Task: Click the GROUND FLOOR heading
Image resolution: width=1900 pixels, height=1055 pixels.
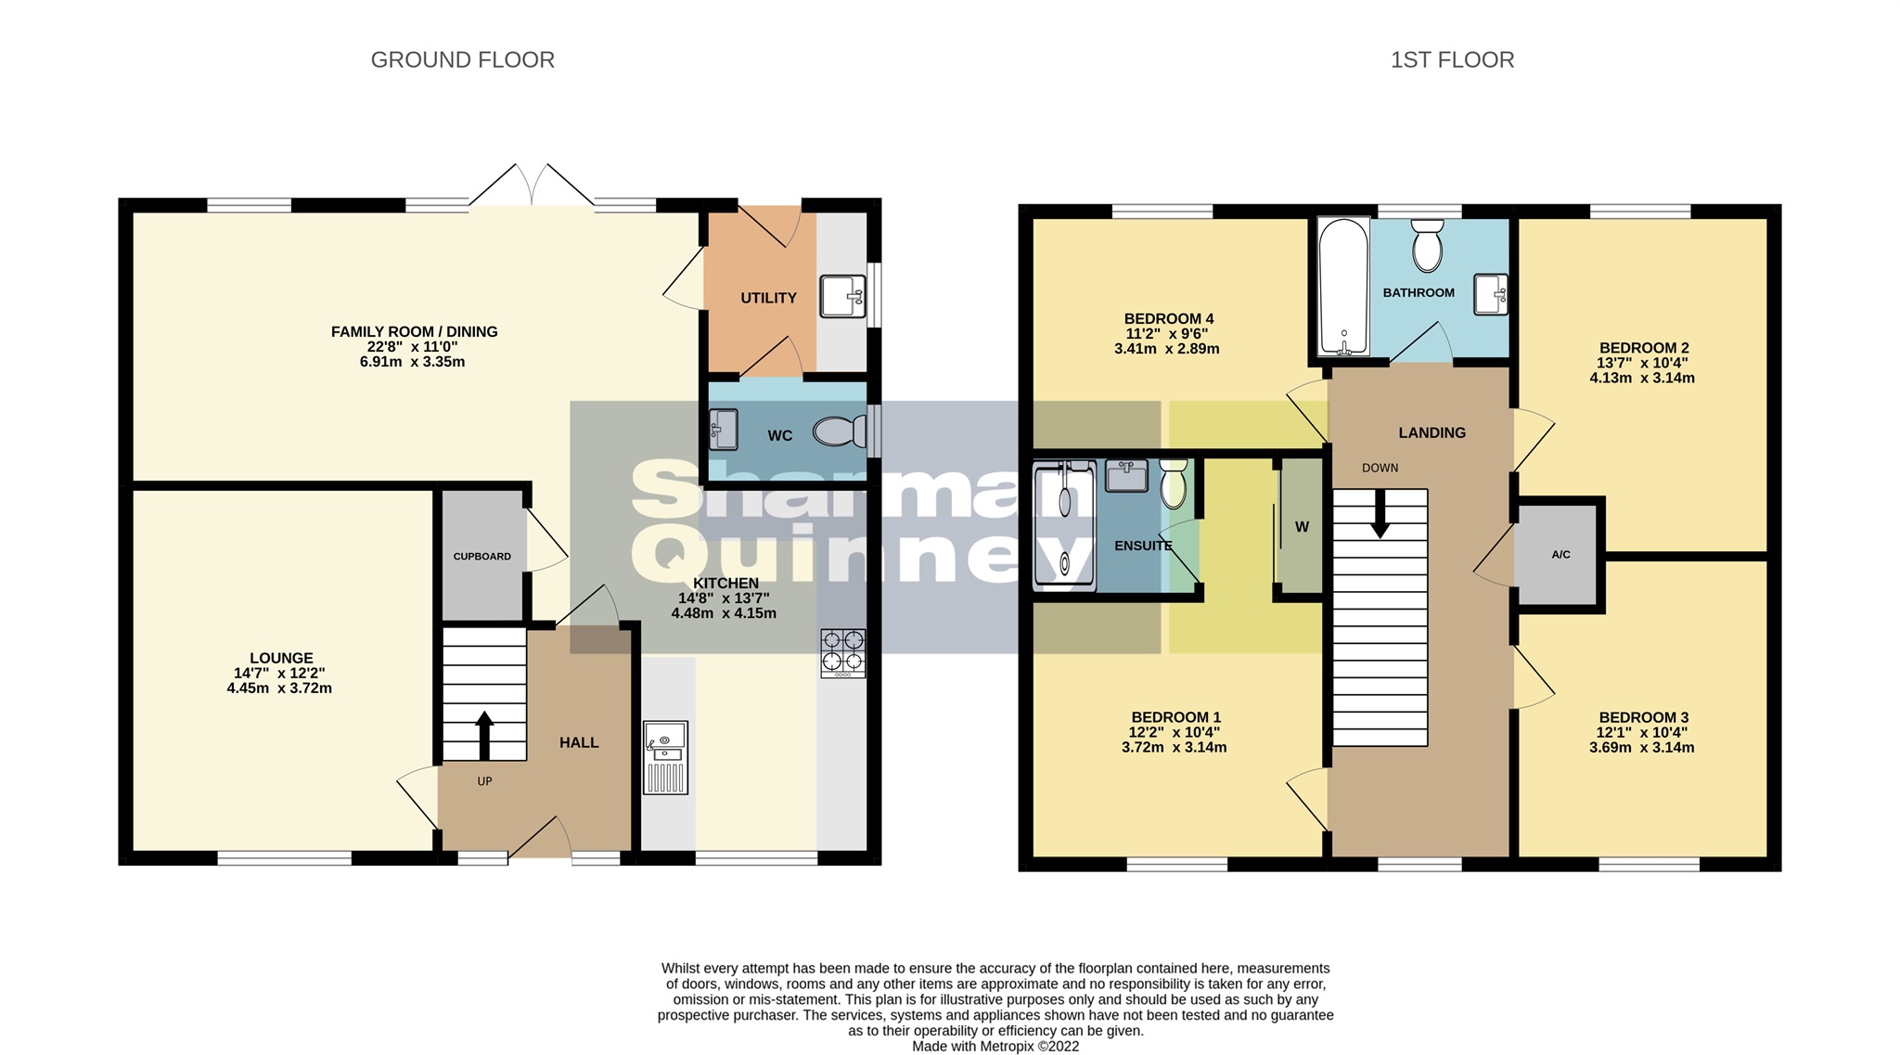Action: pos(462,60)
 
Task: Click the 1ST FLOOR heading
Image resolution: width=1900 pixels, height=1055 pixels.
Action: pos(1452,60)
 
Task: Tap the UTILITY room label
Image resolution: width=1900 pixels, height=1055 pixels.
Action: pos(768,298)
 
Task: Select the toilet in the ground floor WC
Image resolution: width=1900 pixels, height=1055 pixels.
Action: pos(838,431)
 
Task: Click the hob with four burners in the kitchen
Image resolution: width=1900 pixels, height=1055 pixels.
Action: pos(842,652)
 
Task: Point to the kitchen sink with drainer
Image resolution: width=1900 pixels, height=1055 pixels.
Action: pos(665,757)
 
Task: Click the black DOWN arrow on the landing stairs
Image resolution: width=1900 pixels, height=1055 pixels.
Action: pos(1380,513)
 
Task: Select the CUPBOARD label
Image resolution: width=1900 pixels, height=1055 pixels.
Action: pos(481,557)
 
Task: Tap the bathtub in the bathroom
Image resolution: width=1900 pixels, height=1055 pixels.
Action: pos(1343,288)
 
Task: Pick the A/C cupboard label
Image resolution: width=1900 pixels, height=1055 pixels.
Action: pos(1560,555)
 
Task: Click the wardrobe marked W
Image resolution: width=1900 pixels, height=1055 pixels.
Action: pos(1301,527)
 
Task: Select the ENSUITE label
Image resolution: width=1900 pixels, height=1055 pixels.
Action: pos(1142,546)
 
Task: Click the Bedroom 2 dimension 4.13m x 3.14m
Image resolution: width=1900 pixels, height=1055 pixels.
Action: pos(1641,379)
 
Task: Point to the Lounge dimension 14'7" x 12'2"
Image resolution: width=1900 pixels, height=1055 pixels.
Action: pos(279,674)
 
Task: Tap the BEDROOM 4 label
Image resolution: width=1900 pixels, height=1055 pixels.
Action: pos(1168,319)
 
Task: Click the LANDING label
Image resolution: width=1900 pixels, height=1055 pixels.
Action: pos(1431,432)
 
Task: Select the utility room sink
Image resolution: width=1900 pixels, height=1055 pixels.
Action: pos(841,296)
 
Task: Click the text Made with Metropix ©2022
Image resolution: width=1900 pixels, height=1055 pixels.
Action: pos(995,1046)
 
